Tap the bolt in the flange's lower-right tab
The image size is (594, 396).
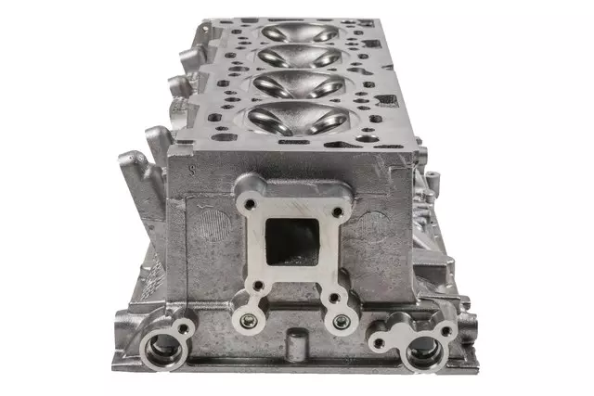[x=341, y=322]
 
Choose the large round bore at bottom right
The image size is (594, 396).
[x=424, y=351]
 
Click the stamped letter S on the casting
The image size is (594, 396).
[x=191, y=170]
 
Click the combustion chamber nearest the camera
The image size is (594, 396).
[x=289, y=119]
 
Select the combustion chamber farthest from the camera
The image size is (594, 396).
[x=301, y=32]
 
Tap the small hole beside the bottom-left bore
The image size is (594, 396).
[x=183, y=327]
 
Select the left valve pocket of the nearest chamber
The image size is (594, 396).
[x=264, y=117]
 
